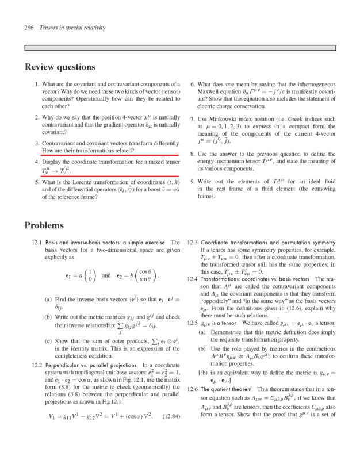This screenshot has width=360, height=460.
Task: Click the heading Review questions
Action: (60, 67)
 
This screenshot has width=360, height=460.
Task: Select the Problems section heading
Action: (44, 225)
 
